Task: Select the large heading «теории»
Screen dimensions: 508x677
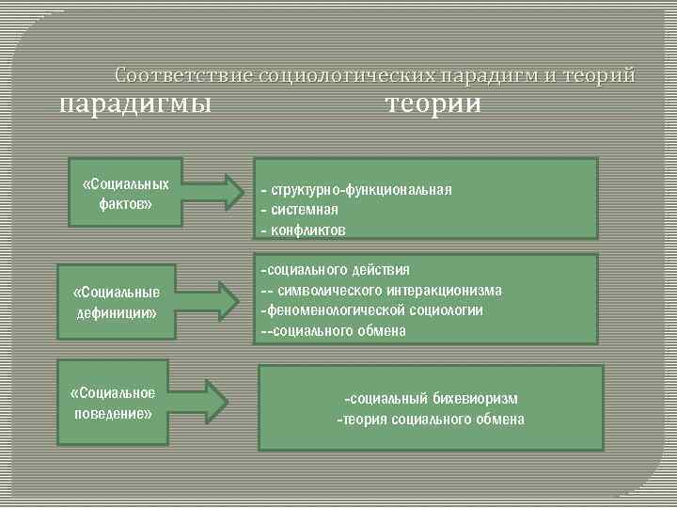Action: pos(433,103)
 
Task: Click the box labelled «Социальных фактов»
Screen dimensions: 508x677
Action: pos(126,192)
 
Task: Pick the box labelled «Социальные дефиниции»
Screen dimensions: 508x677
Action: pos(117,300)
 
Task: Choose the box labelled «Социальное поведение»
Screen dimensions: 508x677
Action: pos(113,402)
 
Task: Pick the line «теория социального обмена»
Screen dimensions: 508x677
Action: pos(432,419)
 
